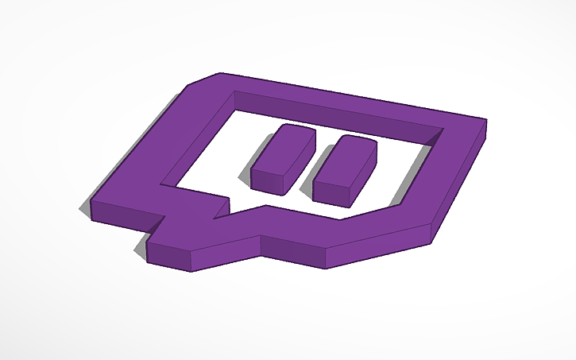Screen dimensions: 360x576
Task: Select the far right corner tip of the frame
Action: [x=485, y=122]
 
